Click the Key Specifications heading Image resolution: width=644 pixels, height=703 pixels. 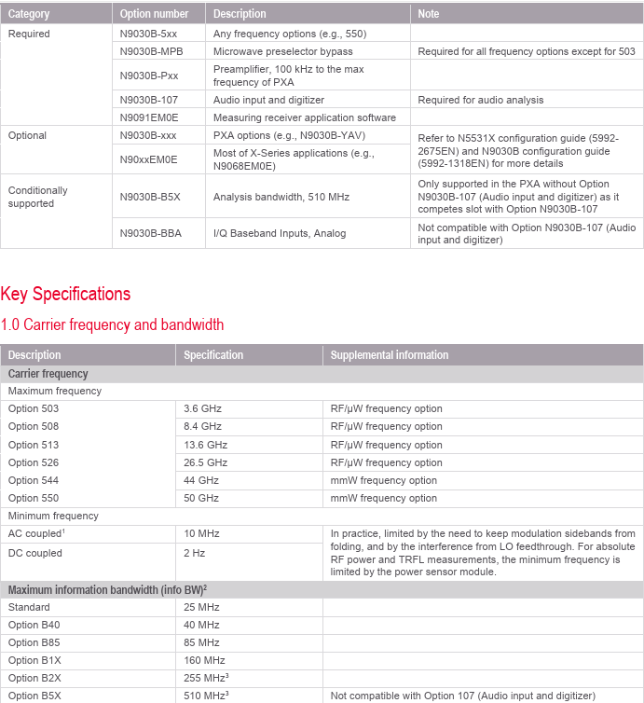click(x=65, y=295)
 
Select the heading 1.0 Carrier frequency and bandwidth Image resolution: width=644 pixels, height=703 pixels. click(x=112, y=325)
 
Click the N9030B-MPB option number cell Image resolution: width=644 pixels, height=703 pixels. click(x=151, y=51)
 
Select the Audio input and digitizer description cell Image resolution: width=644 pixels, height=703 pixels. click(x=268, y=100)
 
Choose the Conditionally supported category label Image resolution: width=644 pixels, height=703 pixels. click(x=38, y=197)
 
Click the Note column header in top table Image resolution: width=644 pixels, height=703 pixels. click(x=429, y=14)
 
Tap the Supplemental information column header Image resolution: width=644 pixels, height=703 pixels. click(x=389, y=355)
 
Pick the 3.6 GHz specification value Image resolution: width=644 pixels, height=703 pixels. click(x=202, y=408)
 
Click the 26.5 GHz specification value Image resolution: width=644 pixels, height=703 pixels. click(x=205, y=462)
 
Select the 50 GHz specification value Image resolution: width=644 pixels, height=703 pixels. click(x=201, y=498)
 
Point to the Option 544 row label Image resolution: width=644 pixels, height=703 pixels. click(x=34, y=480)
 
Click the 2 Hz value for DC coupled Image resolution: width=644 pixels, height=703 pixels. click(x=194, y=553)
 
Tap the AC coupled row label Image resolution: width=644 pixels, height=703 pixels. click(x=34, y=533)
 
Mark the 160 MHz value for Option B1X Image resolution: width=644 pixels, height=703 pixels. click(x=204, y=660)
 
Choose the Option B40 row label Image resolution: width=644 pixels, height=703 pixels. click(x=34, y=625)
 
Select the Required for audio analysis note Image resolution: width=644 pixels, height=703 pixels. click(x=480, y=100)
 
